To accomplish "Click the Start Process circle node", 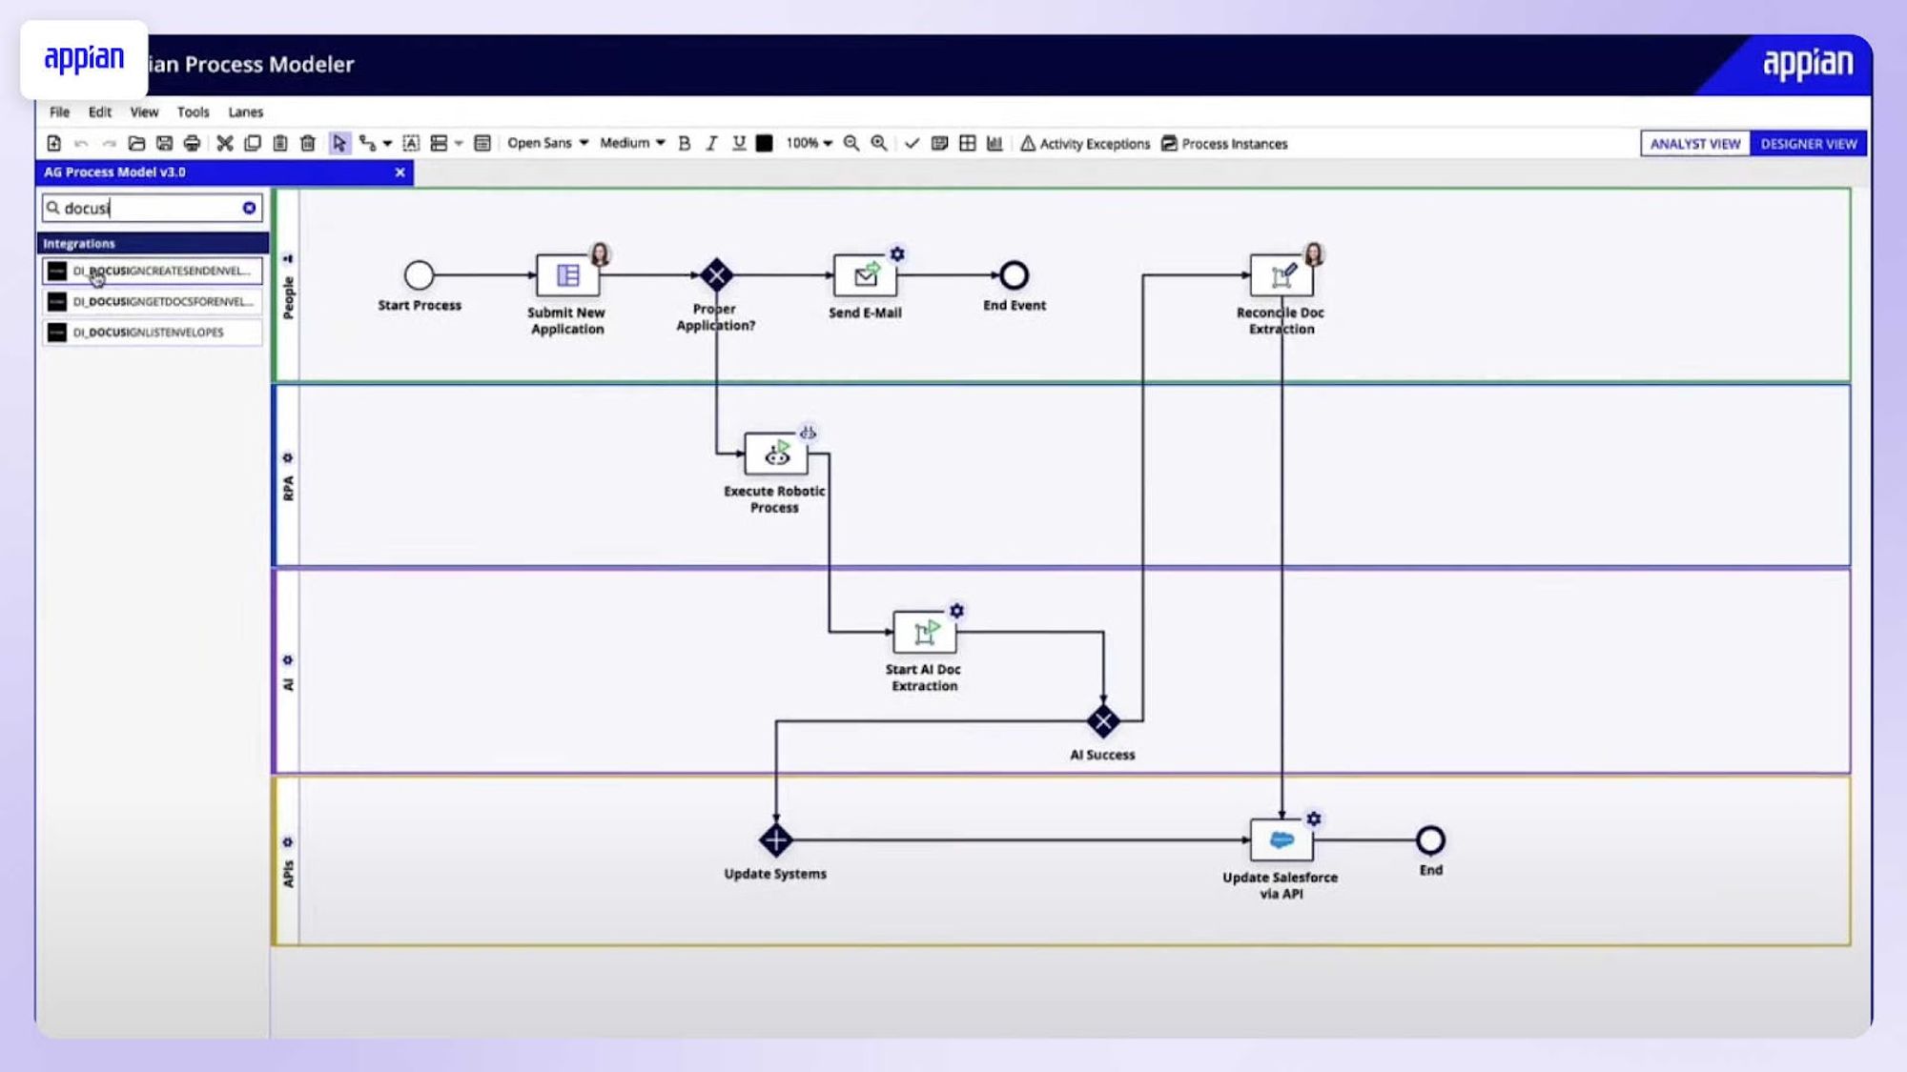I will tap(419, 275).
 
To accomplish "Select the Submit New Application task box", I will tap(567, 275).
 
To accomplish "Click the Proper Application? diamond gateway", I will tap(716, 275).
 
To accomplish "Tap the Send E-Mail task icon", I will tap(865, 275).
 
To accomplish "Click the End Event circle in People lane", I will tap(1014, 275).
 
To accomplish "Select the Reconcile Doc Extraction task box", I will tap(1281, 275).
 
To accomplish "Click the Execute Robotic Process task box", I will tap(775, 455).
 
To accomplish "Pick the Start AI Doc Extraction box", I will tap(924, 632).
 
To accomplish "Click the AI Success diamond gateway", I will tap(1103, 721).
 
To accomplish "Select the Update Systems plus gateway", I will tap(775, 840).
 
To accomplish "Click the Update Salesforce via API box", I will tap(1281, 840).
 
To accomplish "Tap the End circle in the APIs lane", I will tap(1430, 840).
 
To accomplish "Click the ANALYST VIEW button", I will tap(1694, 144).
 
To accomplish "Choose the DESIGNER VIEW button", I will tap(1808, 144).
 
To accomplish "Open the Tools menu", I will tap(193, 112).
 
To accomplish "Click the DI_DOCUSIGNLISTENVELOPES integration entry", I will tap(151, 333).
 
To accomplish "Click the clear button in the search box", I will tap(249, 208).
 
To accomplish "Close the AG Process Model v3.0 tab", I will tap(400, 172).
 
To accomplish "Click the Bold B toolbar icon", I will tap(684, 143).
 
